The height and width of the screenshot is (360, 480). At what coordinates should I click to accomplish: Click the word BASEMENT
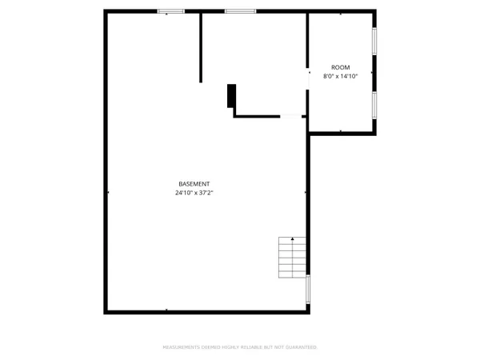[x=195, y=184]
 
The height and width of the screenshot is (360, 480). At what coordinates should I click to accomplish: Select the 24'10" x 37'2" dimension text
[x=195, y=193]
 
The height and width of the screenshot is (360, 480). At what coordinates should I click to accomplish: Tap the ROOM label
[x=340, y=67]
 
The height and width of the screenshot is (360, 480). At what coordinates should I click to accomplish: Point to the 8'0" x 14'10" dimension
[x=340, y=76]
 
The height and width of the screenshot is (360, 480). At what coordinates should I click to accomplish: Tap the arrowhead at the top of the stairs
[x=292, y=239]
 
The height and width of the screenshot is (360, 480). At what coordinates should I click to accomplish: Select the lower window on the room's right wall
[x=374, y=105]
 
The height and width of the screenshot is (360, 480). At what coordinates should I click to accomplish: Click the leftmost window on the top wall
[x=170, y=10]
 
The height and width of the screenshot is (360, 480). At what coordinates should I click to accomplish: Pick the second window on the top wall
[x=240, y=10]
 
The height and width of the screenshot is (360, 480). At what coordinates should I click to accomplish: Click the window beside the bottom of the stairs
[x=308, y=289]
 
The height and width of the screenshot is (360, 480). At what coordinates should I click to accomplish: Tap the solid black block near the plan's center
[x=231, y=96]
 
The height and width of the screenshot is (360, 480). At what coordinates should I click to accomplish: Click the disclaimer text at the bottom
[x=240, y=347]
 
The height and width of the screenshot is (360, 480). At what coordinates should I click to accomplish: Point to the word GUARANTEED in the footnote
[x=300, y=347]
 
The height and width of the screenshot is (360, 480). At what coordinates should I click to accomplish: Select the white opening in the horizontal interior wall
[x=291, y=116]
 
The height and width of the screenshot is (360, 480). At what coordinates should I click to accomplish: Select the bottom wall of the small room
[x=342, y=133]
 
